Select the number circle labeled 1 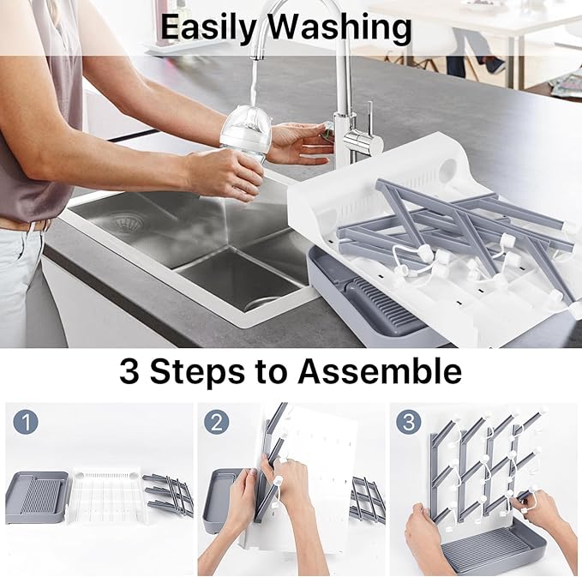click(25, 423)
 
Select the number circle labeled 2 click(216, 423)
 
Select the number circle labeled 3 click(408, 423)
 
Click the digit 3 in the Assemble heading click(130, 373)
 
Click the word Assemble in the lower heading click(380, 373)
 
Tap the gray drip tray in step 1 click(36, 496)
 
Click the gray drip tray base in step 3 click(506, 549)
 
